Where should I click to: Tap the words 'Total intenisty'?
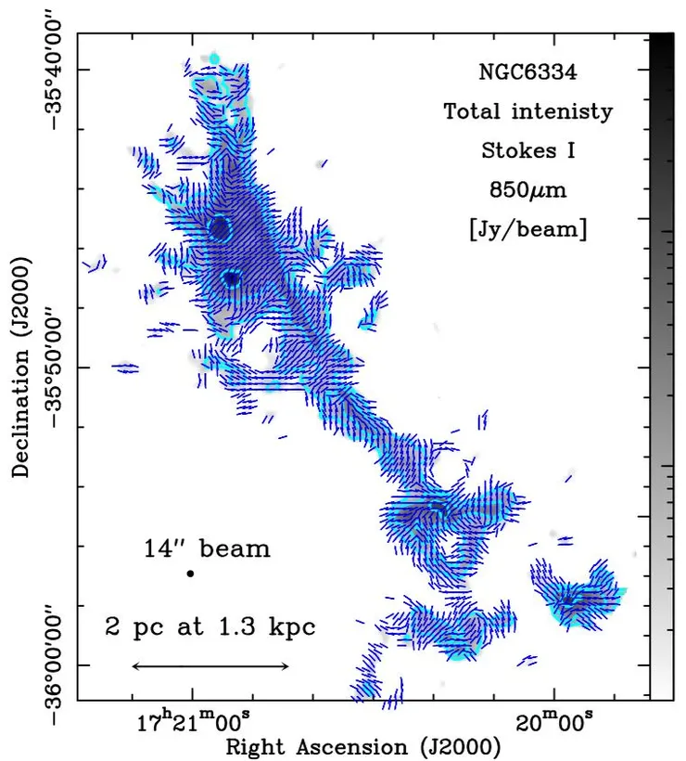click(x=528, y=112)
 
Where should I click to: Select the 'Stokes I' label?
click(x=528, y=150)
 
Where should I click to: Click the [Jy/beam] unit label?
click(x=528, y=228)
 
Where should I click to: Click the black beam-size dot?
click(x=190, y=574)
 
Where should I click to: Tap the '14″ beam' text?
click(x=208, y=548)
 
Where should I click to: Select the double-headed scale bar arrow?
click(x=210, y=665)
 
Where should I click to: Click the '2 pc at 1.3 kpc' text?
click(x=210, y=626)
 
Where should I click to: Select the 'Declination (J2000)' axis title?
click(x=20, y=368)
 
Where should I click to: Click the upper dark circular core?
click(x=219, y=227)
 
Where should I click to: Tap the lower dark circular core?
click(x=232, y=277)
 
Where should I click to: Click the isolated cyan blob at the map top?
click(x=215, y=58)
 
